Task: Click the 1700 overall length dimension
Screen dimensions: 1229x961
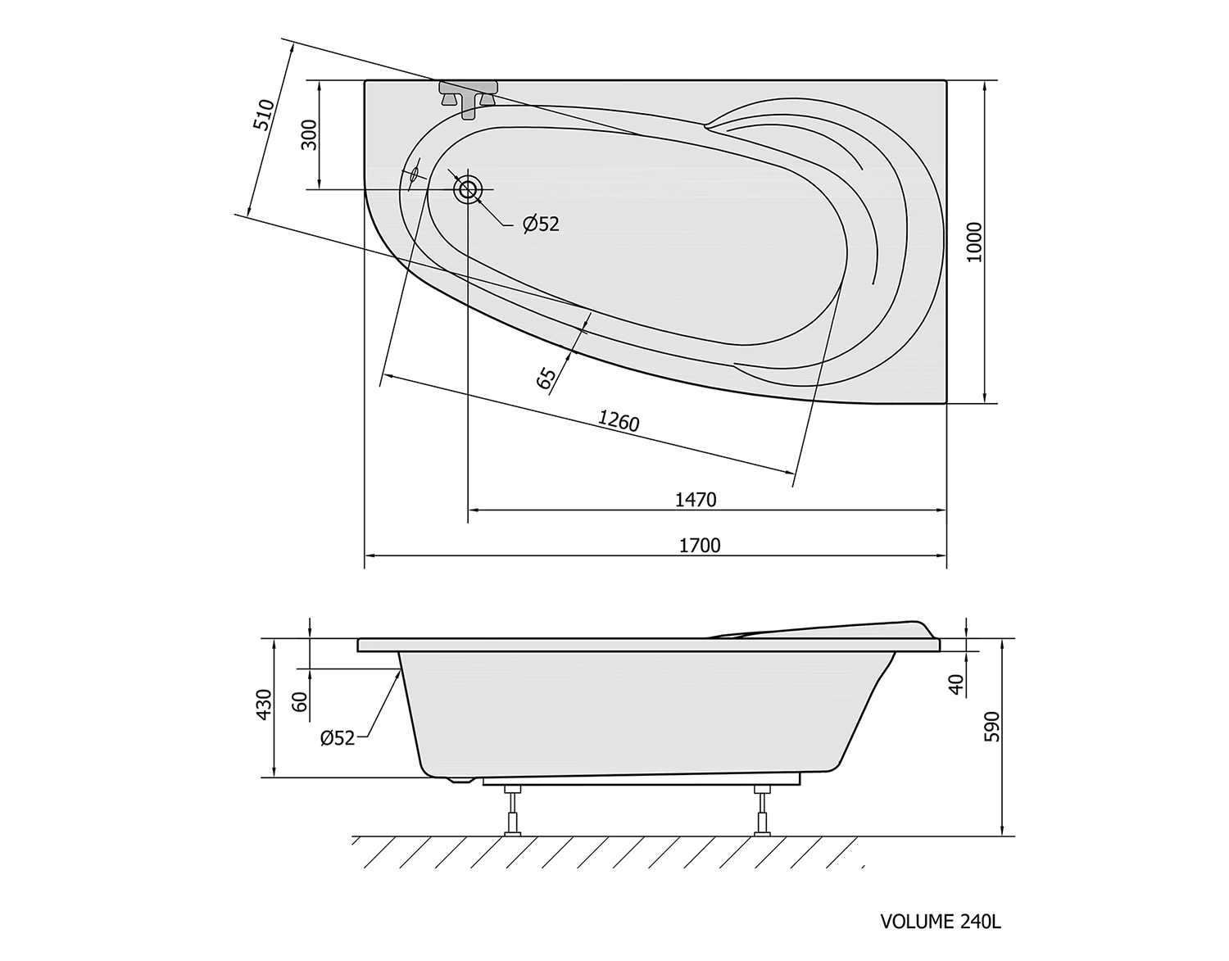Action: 700,546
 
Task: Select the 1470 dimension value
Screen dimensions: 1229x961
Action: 696,500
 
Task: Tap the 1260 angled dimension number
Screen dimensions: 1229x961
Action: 619,421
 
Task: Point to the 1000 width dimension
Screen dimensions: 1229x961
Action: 975,242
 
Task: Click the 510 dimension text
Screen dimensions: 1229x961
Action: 264,115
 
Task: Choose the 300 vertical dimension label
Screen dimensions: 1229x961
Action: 309,134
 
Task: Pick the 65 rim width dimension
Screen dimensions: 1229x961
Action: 546,379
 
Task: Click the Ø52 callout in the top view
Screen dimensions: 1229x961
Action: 542,224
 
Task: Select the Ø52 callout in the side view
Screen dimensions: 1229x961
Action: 338,737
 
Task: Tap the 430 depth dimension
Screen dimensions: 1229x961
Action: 265,705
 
